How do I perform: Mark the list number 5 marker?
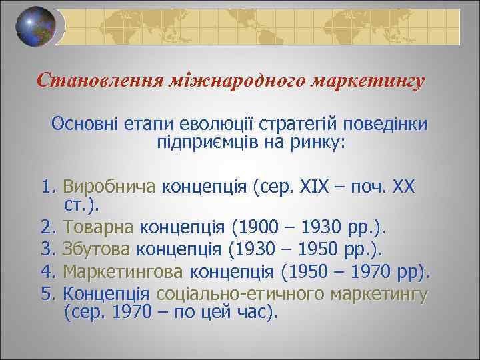[47, 294]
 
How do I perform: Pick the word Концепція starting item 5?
[106, 294]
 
